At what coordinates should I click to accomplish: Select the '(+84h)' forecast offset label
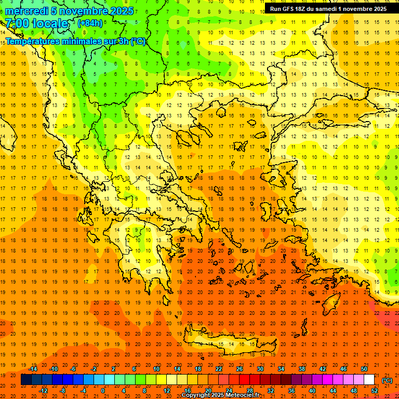(x=90, y=23)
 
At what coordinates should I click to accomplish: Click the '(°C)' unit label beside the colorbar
(x=387, y=380)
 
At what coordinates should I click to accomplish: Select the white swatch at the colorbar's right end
(x=369, y=380)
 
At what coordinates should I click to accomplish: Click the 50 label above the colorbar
(x=364, y=369)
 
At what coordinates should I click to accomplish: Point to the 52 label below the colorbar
(x=375, y=391)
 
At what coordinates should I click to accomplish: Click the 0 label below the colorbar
(x=103, y=391)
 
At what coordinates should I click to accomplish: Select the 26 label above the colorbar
(x=240, y=369)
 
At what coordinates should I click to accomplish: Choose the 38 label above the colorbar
(x=302, y=369)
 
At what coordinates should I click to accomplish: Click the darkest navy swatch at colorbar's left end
(x=26, y=380)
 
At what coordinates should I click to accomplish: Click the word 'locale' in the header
(x=50, y=23)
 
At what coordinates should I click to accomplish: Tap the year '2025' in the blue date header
(x=119, y=11)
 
